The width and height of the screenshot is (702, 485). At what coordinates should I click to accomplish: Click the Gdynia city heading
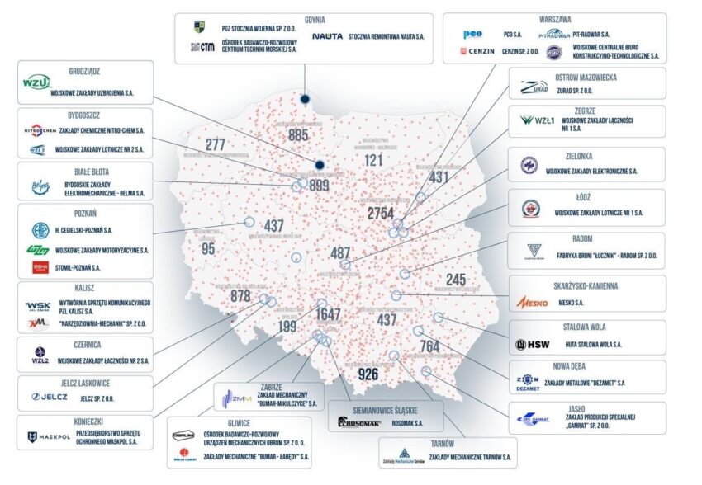coord(303,19)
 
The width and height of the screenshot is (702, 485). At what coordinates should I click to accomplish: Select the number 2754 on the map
coord(380,214)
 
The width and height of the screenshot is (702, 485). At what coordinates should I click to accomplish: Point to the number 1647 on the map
coord(328,313)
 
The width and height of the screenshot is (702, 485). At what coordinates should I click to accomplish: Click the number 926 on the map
coord(368,374)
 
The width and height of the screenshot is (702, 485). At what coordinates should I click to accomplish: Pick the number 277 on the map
coord(216,145)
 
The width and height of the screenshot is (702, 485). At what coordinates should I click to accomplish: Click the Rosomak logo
coord(361,422)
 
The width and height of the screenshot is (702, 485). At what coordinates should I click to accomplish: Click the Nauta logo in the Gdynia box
coord(327,36)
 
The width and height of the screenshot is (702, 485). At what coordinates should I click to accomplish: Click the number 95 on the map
coord(208,248)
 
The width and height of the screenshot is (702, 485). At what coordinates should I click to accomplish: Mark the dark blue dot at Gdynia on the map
coord(305,98)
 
